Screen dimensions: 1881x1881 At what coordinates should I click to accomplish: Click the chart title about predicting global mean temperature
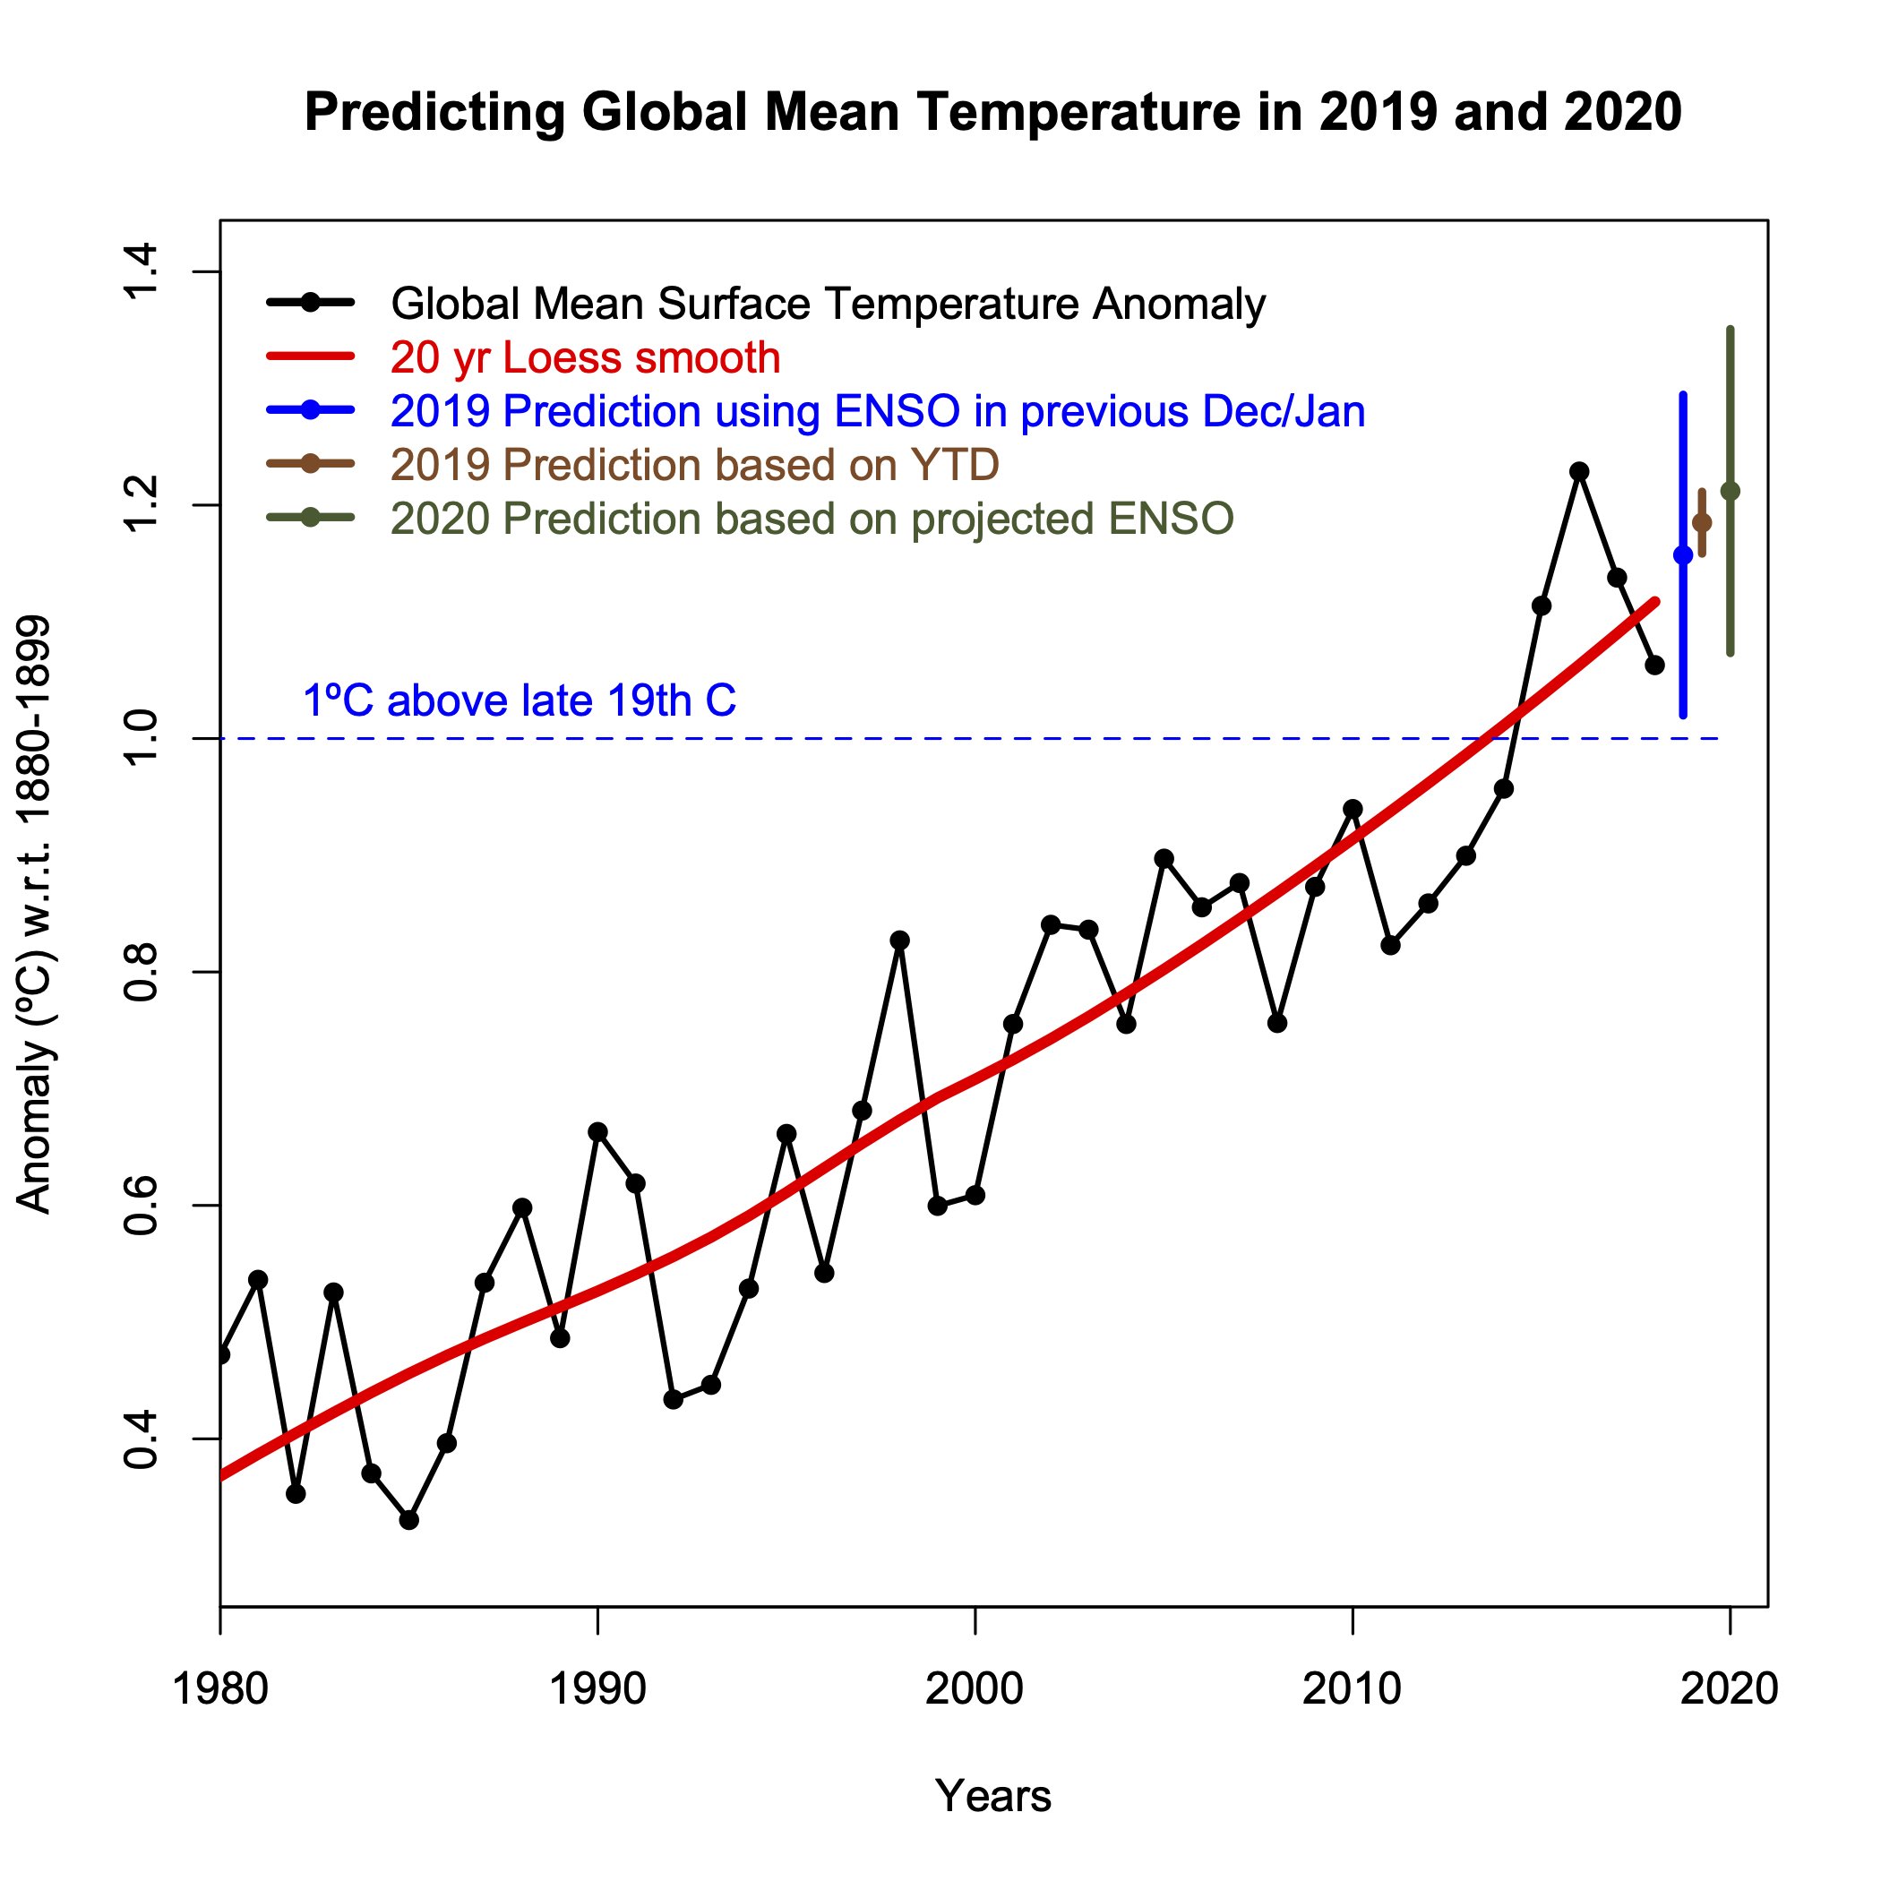[x=992, y=112]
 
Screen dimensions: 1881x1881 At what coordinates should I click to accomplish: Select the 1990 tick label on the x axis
[x=597, y=1688]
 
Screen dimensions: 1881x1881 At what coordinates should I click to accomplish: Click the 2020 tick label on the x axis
[x=1729, y=1688]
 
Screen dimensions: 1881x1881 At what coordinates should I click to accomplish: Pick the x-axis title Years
[x=992, y=1794]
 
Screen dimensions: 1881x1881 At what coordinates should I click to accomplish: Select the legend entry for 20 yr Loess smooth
[x=585, y=358]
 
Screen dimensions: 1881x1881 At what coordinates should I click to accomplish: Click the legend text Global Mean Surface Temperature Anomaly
[x=828, y=305]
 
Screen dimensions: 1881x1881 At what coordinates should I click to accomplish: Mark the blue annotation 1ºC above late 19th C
[x=519, y=701]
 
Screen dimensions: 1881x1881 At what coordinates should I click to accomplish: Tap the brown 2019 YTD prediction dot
[x=1702, y=523]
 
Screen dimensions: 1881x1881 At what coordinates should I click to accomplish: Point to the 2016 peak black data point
[x=1579, y=471]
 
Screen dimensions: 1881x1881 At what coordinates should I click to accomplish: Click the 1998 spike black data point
[x=899, y=940]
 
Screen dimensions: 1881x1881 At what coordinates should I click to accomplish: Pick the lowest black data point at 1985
[x=409, y=1520]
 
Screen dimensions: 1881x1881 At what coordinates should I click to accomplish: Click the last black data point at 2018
[x=1654, y=665]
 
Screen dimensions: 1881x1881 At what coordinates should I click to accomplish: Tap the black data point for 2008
[x=1277, y=1023]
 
